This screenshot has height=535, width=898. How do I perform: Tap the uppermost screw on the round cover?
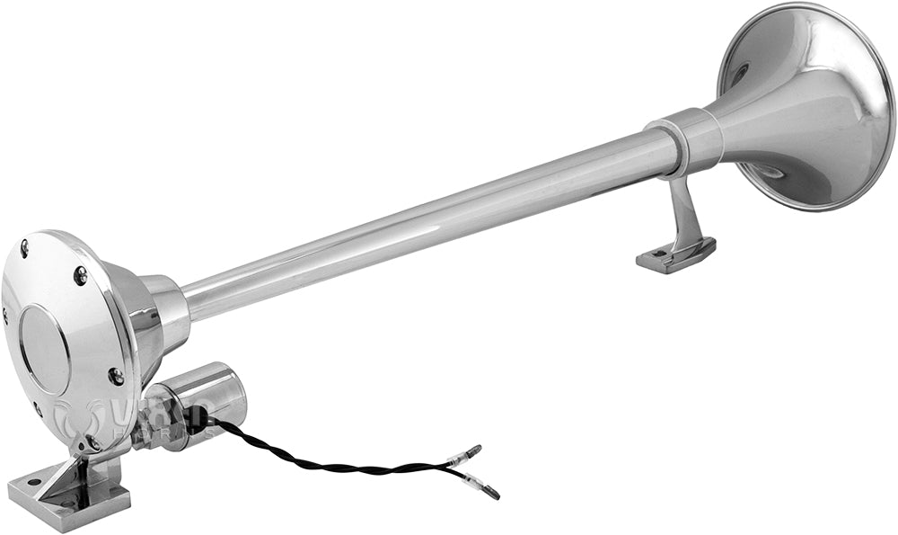(24, 244)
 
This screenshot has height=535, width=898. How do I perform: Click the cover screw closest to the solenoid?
(116, 376)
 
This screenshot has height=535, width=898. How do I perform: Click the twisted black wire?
(332, 463)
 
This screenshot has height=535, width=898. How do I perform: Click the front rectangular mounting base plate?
(67, 499)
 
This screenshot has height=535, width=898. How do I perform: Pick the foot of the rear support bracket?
(675, 255)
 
